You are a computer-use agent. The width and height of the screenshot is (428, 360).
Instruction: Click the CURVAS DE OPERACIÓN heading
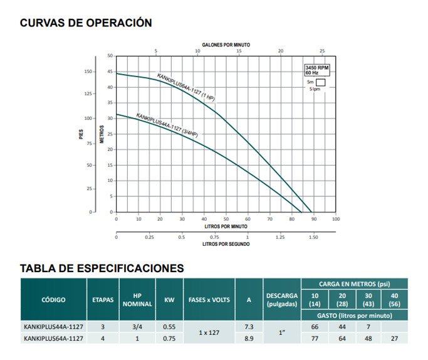pos(86,23)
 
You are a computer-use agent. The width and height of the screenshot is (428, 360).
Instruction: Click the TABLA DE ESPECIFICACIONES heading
pos(102,268)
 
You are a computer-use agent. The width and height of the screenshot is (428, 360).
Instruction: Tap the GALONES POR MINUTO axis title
pos(226,45)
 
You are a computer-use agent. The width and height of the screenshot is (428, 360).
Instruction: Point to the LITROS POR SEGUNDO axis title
pos(226,243)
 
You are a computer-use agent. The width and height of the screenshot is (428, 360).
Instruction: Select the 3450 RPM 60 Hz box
pos(316,70)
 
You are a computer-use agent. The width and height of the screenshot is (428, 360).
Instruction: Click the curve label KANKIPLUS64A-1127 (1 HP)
pos(187,88)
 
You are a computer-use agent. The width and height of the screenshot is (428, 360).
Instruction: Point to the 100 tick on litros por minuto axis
pos(335,219)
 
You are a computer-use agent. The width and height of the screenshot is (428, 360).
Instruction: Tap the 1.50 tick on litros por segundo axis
pos(313,237)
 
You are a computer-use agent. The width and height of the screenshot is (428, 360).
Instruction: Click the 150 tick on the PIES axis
pos(88,71)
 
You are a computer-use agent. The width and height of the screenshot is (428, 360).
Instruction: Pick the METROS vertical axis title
pos(102,134)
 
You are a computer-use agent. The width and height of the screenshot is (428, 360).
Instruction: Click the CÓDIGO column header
pos(53,300)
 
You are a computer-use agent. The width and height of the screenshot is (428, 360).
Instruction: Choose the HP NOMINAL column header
pos(137,300)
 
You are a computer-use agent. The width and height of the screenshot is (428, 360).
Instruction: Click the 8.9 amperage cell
pos(249,338)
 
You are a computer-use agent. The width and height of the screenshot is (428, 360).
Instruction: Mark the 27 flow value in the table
pos(394,338)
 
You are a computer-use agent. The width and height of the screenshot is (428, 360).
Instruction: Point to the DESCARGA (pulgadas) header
pos(282,300)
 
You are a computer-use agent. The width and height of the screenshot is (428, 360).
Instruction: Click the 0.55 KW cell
pos(169,327)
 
